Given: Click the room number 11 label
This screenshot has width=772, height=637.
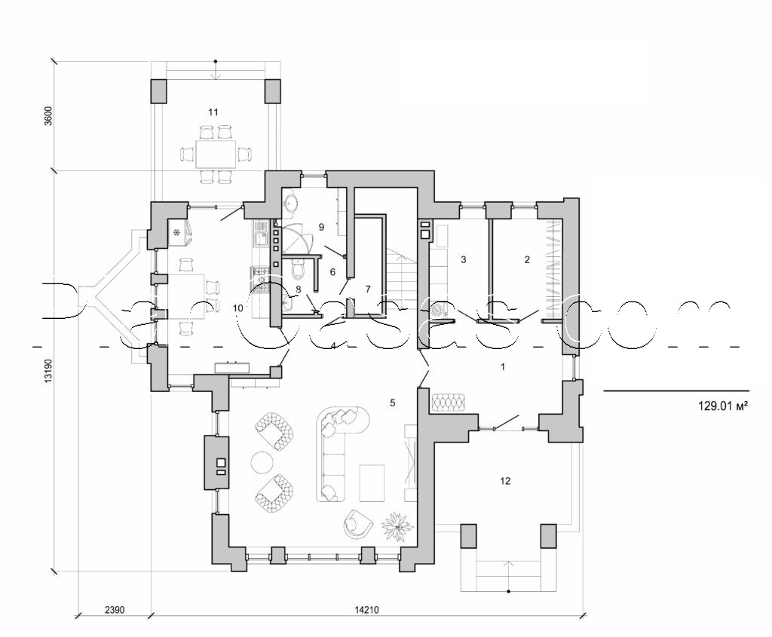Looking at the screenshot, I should [x=213, y=112].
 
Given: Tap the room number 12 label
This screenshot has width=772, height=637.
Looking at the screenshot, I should [x=505, y=480].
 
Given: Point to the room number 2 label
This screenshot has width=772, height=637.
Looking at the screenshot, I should [x=527, y=259].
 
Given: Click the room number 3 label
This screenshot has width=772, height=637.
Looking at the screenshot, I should [x=464, y=259].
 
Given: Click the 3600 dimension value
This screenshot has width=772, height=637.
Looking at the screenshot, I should [x=47, y=119].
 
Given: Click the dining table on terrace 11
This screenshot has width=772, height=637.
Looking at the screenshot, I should [x=215, y=154].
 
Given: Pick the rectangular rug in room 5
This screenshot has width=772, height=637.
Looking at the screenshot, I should [x=372, y=482].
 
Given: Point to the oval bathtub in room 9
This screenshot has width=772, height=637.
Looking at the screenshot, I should [x=293, y=204].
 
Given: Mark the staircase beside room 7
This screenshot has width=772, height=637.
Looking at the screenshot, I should [x=404, y=279].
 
